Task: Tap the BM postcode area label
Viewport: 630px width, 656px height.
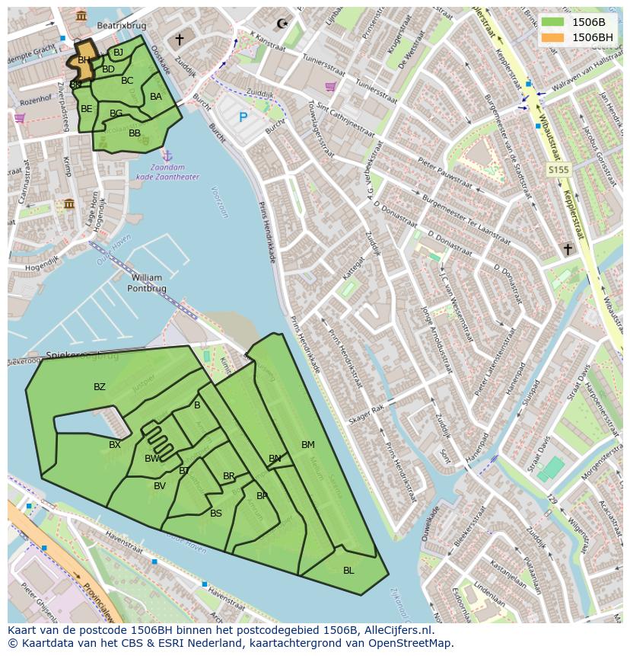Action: (307, 445)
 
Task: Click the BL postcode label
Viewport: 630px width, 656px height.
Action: (348, 571)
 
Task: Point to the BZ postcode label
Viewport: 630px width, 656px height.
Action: (100, 387)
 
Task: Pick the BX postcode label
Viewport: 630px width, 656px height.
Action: (115, 445)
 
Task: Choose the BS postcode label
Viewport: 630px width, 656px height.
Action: (216, 514)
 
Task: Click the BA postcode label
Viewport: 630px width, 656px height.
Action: (156, 97)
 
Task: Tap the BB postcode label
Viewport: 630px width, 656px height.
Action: (135, 133)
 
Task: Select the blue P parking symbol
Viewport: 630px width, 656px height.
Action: (243, 117)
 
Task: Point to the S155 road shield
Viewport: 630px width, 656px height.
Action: (558, 171)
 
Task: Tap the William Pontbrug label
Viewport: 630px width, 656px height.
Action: (146, 283)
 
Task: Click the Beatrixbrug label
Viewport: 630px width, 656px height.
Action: (121, 25)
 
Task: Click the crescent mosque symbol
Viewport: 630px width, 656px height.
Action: (284, 24)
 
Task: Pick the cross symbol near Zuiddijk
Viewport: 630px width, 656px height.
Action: (180, 39)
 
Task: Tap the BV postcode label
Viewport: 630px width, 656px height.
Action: (160, 486)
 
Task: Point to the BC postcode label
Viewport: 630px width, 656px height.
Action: (127, 81)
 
